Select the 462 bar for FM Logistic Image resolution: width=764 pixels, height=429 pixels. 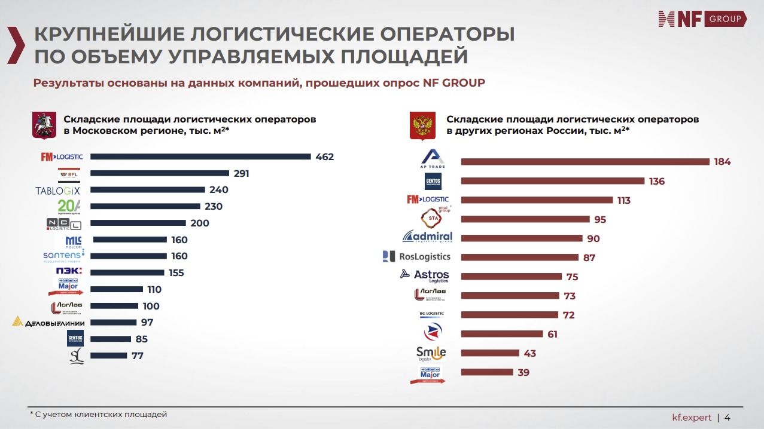coord(200,157)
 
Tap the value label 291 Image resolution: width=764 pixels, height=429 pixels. coord(242,174)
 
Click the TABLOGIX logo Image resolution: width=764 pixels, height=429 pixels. coord(57,191)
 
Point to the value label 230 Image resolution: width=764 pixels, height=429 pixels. coord(213,207)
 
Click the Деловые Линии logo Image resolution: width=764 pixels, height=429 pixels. coord(48,323)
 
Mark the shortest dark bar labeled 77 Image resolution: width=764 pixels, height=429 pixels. coord(108,356)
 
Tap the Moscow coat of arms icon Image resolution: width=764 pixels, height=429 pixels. coord(44,125)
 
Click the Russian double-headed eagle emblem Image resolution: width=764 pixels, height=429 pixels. coord(422,125)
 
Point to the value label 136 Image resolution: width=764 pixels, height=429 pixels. coord(657,182)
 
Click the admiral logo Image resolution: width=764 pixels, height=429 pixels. coord(428,237)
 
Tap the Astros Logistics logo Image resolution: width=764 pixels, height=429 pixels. coord(424,275)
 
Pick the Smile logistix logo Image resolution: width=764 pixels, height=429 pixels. coord(431,353)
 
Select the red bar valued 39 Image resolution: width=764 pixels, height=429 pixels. coord(487,372)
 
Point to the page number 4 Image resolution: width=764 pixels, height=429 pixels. coord(727,417)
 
